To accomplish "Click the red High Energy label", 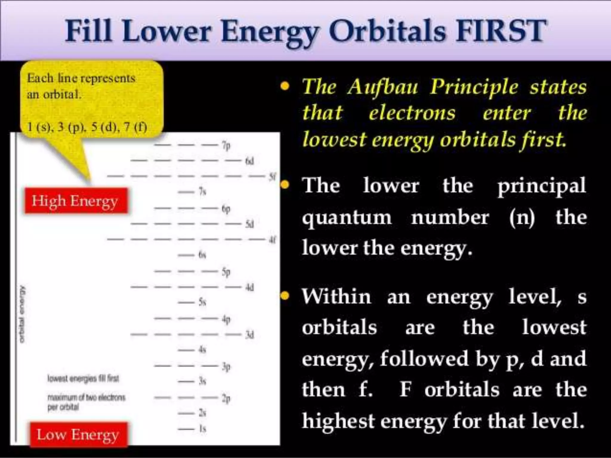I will point(76,201).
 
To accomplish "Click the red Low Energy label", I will point(78,435).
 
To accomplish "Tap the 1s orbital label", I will point(203,429).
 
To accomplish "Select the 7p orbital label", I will point(226,146).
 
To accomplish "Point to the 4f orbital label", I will point(272,239).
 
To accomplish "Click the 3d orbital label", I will point(249,335).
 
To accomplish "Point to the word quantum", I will point(347,217).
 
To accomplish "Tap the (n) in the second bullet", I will point(522,217).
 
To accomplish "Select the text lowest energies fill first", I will point(83,379).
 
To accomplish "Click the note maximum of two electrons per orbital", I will point(86,402).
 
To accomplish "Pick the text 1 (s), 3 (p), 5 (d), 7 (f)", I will point(87,127).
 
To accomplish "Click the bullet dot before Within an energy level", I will point(285,296).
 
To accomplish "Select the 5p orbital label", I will point(226,272).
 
